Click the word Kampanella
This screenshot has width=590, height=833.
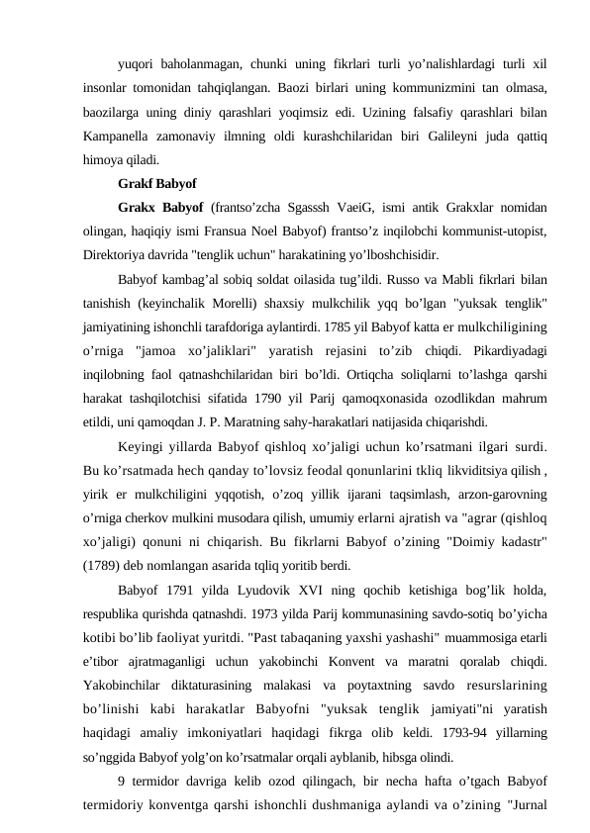tap(122, 136)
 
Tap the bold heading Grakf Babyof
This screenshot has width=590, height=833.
tap(156, 184)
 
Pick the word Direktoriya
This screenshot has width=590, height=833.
tap(120, 256)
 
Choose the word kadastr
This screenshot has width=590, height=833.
tap(522, 544)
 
